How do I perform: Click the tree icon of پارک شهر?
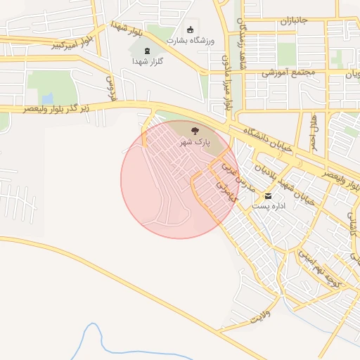click(x=195, y=130)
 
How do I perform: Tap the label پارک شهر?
click(x=195, y=142)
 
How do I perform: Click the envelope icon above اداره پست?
click(x=267, y=195)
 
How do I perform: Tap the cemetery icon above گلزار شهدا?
click(x=148, y=51)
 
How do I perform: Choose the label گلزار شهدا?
click(x=148, y=62)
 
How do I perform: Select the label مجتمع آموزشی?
click(x=289, y=72)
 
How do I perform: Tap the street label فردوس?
click(x=110, y=85)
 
